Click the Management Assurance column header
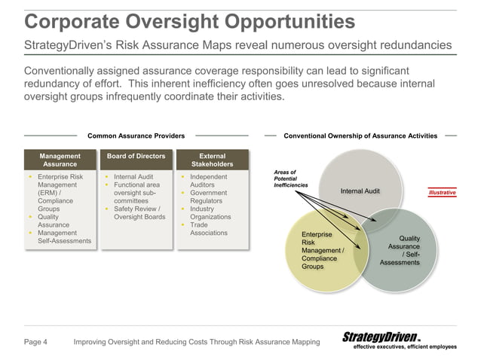pos(60,160)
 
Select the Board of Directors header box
pos(136,156)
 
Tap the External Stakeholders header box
pos(212,160)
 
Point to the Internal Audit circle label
pos(360,191)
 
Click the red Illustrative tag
pos(442,193)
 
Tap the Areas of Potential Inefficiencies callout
pos(290,178)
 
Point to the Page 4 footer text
pos(35,343)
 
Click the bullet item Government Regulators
pos(211,197)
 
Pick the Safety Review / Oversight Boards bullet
pos(139,213)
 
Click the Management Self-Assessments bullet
pos(64,237)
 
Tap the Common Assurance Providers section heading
pos(136,136)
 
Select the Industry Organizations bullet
pos(210,213)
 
